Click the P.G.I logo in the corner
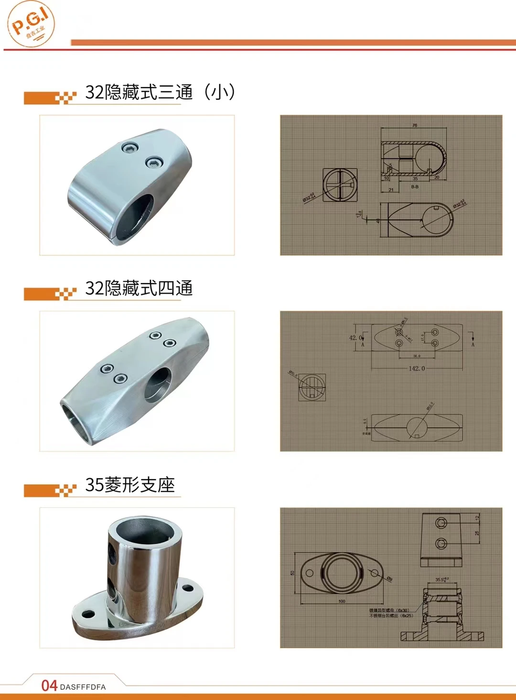click(x=31, y=24)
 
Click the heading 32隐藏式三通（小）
click(x=160, y=92)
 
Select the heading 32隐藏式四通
click(x=139, y=288)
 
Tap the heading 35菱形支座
click(x=130, y=485)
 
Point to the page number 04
click(x=49, y=686)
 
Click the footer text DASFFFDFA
click(x=83, y=687)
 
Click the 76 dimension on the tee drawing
click(x=414, y=125)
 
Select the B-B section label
click(x=414, y=187)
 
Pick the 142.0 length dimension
click(x=416, y=369)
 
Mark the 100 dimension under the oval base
click(x=342, y=601)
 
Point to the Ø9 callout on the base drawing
click(x=389, y=579)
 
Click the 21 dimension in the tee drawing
click(x=391, y=190)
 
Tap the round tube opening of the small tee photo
click(x=136, y=215)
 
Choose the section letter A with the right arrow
click(x=473, y=344)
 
